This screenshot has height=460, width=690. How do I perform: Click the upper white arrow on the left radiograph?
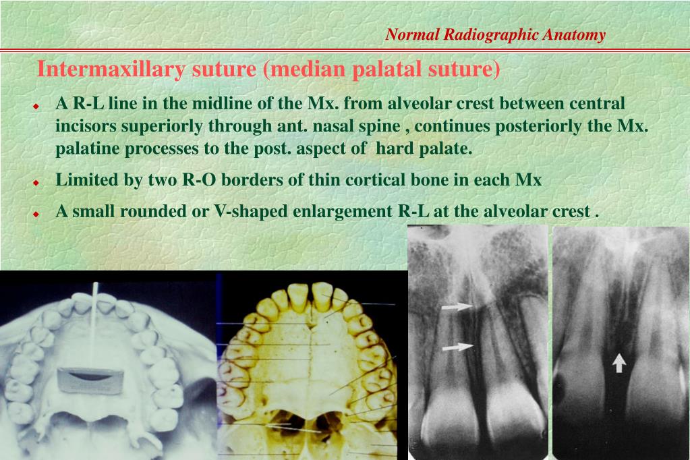pos(457,307)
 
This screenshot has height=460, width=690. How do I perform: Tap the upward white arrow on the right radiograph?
pos(619,362)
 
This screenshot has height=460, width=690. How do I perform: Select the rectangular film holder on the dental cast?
pos(90,379)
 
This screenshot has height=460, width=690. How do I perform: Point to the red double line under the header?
pos(345,51)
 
